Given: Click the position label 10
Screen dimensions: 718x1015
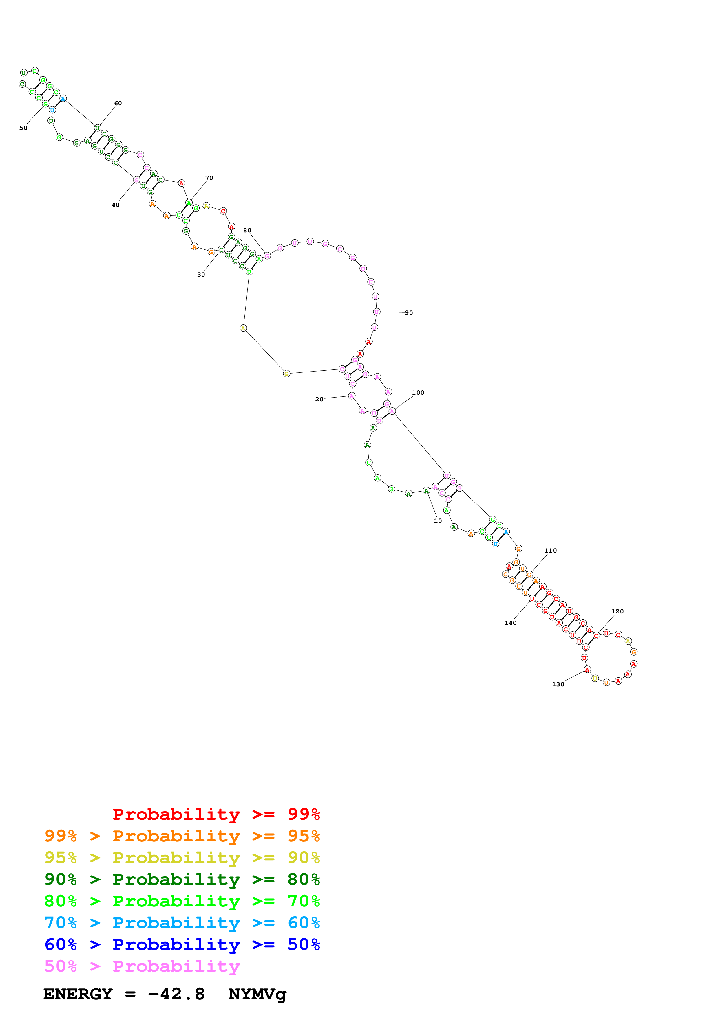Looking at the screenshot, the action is [x=438, y=521].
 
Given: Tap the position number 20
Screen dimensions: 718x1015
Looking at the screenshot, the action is [x=319, y=399].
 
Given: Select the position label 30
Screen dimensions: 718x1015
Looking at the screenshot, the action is [x=201, y=275].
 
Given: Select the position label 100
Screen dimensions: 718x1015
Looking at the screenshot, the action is [x=418, y=393].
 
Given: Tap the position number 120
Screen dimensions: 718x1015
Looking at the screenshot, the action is [x=617, y=611].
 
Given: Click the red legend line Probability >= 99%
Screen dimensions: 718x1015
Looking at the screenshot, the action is [x=216, y=814].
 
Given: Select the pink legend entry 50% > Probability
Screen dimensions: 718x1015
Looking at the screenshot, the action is [x=142, y=966].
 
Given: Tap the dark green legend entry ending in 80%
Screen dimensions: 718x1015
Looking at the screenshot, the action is [x=182, y=879].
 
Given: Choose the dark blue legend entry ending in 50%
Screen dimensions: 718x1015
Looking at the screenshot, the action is [x=182, y=944].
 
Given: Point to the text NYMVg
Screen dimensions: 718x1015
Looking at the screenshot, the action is [x=257, y=994].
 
